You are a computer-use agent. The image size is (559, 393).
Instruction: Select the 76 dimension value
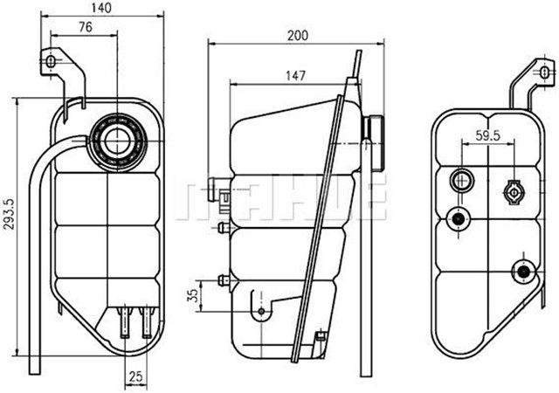point(84,27)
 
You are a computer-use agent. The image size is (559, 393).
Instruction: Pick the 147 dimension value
point(295,76)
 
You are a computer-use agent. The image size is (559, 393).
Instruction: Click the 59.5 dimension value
point(487,135)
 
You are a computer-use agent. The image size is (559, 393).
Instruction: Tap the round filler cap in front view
point(116,139)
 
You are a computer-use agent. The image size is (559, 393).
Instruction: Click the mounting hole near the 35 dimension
point(261,312)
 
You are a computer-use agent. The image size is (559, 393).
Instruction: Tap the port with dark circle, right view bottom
point(523,271)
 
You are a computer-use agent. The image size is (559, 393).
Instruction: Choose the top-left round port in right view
point(460,182)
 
